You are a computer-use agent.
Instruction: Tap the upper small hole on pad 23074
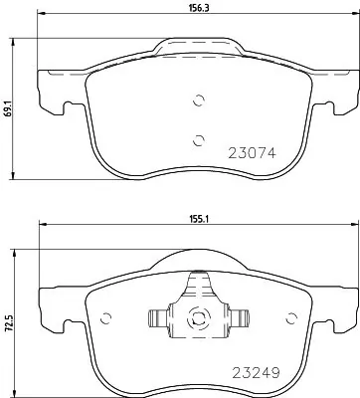199,99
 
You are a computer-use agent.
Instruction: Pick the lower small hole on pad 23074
197,138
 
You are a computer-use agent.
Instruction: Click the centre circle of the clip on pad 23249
197,319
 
